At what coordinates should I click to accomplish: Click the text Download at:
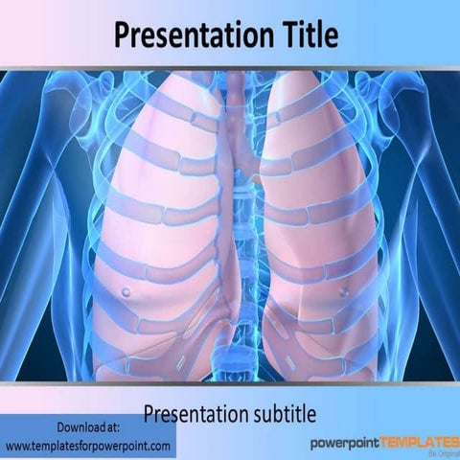(88, 426)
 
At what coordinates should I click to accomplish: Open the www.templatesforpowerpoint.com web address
(88, 446)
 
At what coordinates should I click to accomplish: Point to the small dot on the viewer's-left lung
(126, 290)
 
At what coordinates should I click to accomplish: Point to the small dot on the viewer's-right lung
(343, 290)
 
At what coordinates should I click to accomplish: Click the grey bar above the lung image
(230, 68)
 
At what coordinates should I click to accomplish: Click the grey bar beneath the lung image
(230, 384)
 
